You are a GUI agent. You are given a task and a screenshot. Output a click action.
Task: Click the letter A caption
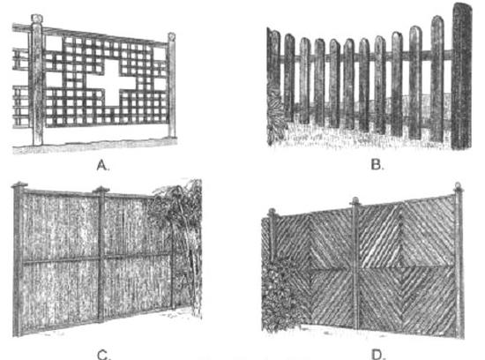(103, 165)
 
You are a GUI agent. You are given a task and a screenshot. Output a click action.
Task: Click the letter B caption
(377, 165)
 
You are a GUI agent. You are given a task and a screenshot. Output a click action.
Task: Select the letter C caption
(104, 355)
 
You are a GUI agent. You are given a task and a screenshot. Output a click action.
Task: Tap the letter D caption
(377, 355)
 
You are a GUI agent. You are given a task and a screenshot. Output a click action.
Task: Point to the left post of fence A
(37, 83)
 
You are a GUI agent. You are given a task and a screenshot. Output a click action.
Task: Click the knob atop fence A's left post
(36, 19)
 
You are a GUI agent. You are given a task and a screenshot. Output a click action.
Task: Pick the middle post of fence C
(101, 257)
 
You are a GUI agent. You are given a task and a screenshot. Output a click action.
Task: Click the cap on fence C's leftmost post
(19, 184)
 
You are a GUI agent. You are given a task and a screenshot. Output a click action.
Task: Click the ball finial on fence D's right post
(458, 187)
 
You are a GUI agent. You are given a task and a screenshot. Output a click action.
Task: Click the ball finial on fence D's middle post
(355, 200)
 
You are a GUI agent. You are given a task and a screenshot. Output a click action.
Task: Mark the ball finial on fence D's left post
(272, 212)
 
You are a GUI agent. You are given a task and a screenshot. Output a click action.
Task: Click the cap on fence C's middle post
(101, 189)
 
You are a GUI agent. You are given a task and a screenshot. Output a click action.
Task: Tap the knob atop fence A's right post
(172, 36)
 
